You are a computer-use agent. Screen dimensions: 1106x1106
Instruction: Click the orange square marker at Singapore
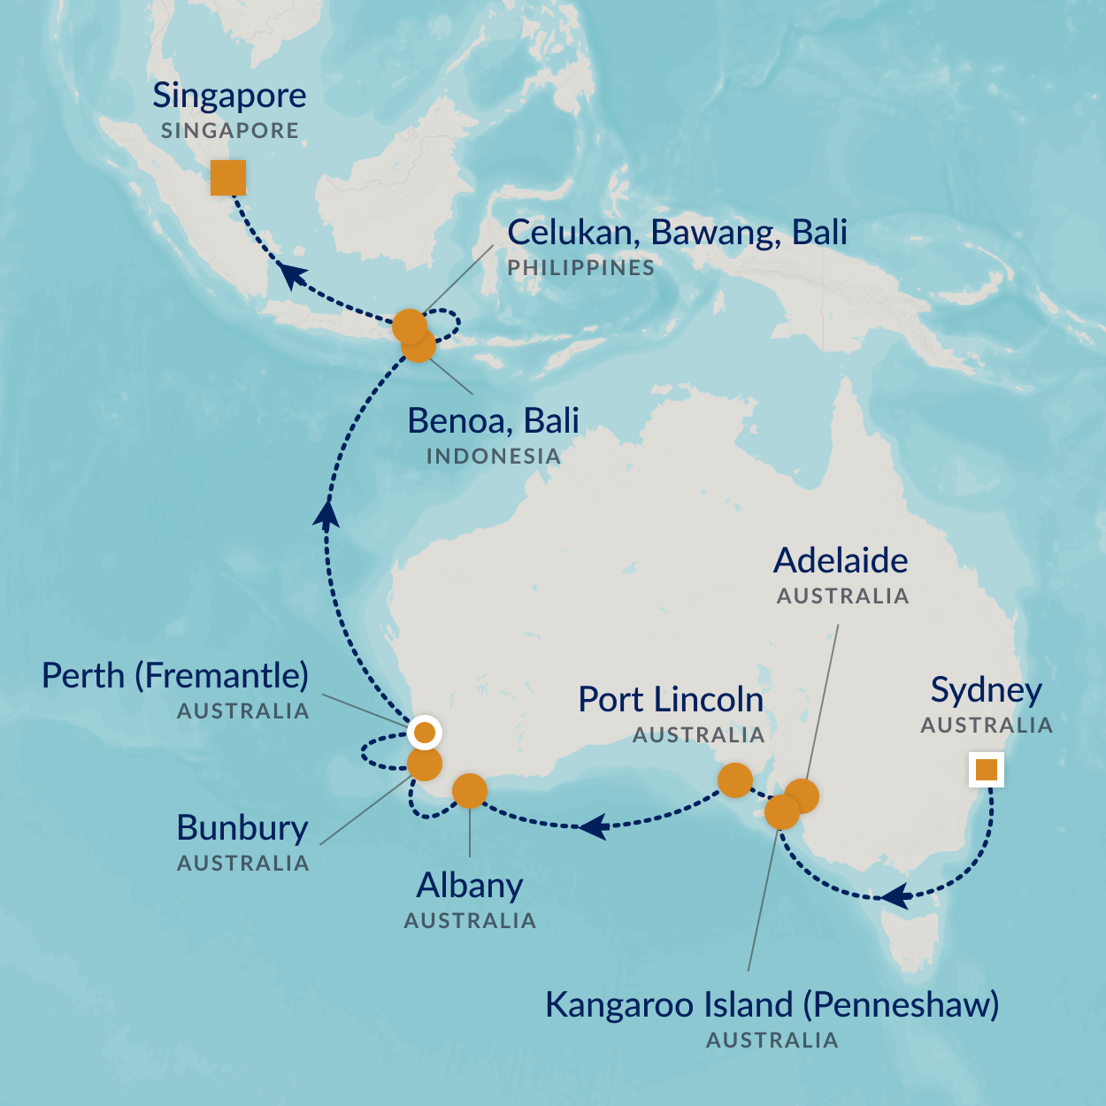point(228,178)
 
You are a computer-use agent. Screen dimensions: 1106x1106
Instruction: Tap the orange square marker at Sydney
point(986,770)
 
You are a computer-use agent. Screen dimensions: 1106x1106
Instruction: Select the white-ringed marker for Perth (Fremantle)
point(425,733)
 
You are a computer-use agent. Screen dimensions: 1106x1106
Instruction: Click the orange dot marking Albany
point(469,791)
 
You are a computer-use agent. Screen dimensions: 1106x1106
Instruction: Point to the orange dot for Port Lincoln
point(735,780)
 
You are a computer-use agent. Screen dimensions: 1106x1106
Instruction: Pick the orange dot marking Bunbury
point(425,764)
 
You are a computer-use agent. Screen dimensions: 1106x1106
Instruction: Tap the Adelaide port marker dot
point(803,795)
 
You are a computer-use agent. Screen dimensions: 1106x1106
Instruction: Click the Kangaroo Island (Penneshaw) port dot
point(781,812)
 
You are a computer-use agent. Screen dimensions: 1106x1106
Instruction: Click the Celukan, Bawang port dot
point(409,326)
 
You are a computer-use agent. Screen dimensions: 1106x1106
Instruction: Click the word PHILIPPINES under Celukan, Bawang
point(580,268)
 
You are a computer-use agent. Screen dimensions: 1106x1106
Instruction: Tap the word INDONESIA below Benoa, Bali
point(493,457)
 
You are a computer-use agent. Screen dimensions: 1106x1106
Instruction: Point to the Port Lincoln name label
point(671,700)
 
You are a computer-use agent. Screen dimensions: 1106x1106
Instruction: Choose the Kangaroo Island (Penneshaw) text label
point(772,1005)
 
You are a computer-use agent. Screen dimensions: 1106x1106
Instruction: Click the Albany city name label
point(470,886)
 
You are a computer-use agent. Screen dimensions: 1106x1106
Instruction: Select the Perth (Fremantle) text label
point(175,676)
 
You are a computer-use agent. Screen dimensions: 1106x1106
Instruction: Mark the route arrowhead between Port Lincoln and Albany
point(593,826)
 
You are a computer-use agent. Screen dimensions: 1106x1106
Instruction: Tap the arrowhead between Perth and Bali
point(327,514)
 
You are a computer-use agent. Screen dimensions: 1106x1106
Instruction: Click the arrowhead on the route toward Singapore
point(293,275)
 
